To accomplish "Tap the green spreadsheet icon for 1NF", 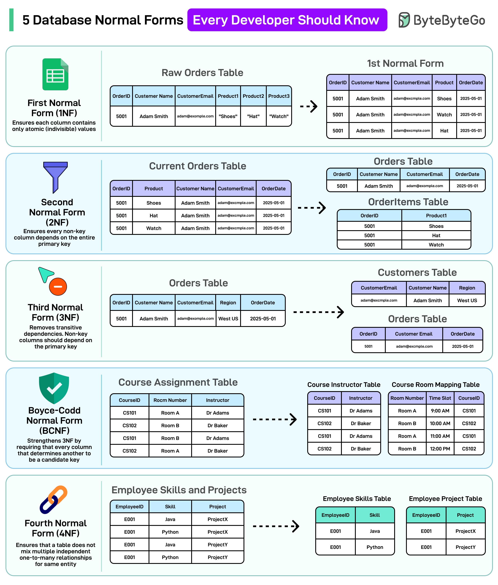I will click(x=55, y=74).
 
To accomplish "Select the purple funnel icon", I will click(x=55, y=177).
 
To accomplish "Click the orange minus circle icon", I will click(x=58, y=287).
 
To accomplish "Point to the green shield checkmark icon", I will click(x=54, y=388).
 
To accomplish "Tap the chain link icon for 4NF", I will click(x=53, y=499).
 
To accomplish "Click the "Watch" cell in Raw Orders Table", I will click(x=279, y=116).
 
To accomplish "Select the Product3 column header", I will click(x=279, y=96).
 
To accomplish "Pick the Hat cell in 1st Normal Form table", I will click(x=444, y=131).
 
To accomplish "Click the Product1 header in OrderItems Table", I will click(x=436, y=216).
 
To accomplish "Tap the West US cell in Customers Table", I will click(x=467, y=300).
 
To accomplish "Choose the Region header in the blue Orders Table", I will click(x=228, y=303).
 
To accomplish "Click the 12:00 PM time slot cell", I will click(x=440, y=449).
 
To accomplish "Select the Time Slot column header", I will click(x=440, y=398).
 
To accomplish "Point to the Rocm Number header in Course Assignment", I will click(x=170, y=400).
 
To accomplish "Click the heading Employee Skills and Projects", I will click(x=179, y=490).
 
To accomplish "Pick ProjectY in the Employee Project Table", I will click(x=465, y=547).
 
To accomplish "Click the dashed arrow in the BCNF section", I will click(x=274, y=419).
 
